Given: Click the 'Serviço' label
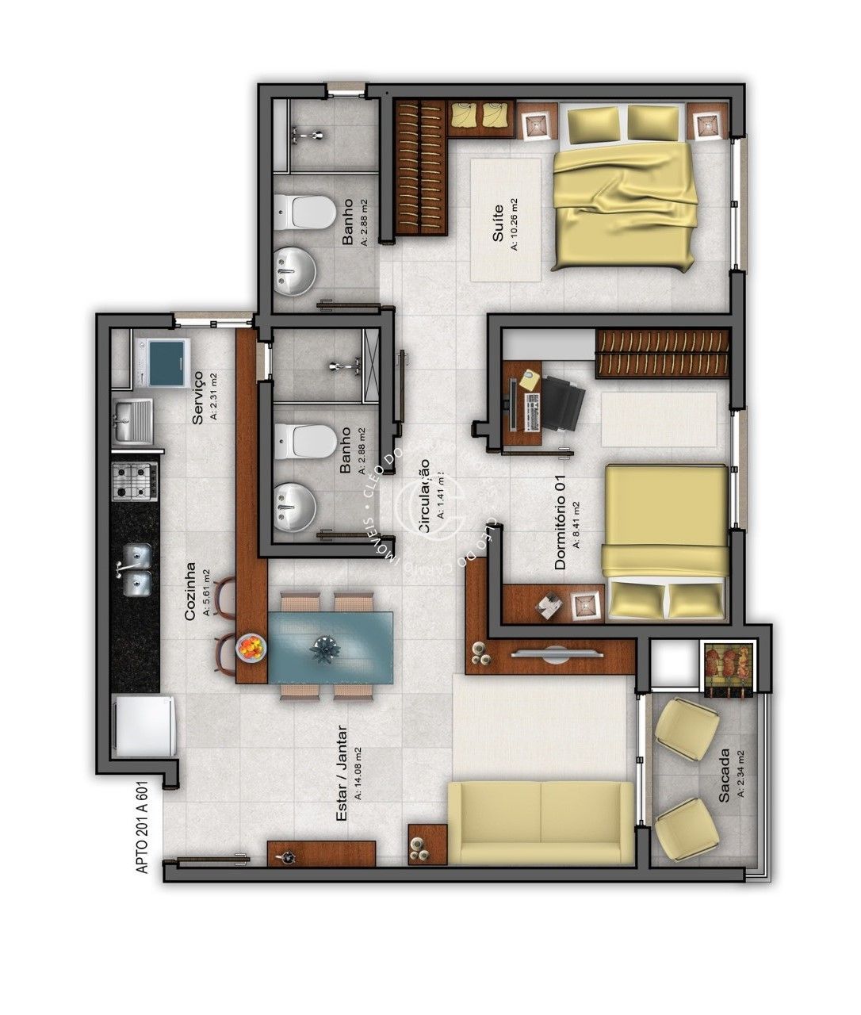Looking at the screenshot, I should click(x=199, y=397).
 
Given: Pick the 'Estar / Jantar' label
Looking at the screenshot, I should click(x=343, y=773).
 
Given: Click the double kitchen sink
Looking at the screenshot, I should click(x=136, y=569).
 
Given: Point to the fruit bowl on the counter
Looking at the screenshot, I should click(x=251, y=646).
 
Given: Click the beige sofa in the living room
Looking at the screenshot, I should click(x=541, y=822).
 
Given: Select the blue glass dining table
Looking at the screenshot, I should click(x=331, y=647).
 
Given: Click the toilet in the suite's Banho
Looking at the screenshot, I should click(x=307, y=212).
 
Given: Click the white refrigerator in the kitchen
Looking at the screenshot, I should click(x=143, y=726).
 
